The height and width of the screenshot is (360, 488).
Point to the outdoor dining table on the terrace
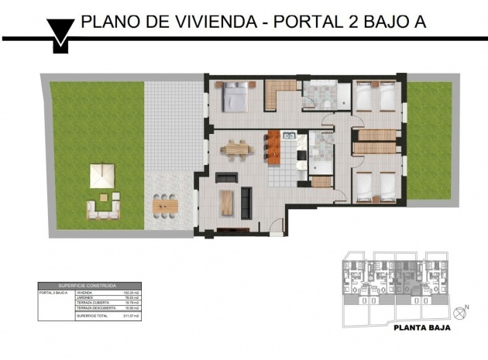click(164, 205)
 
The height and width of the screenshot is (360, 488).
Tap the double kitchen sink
click(289, 136)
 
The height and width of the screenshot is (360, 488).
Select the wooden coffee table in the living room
click(226, 202)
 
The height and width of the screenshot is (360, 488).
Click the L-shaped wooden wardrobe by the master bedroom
click(277, 94)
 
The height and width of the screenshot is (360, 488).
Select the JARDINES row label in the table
click(85, 298)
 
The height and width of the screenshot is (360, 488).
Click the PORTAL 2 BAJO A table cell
click(54, 293)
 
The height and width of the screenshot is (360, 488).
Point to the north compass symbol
click(466, 311)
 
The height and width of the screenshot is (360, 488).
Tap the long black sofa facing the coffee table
click(247, 202)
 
